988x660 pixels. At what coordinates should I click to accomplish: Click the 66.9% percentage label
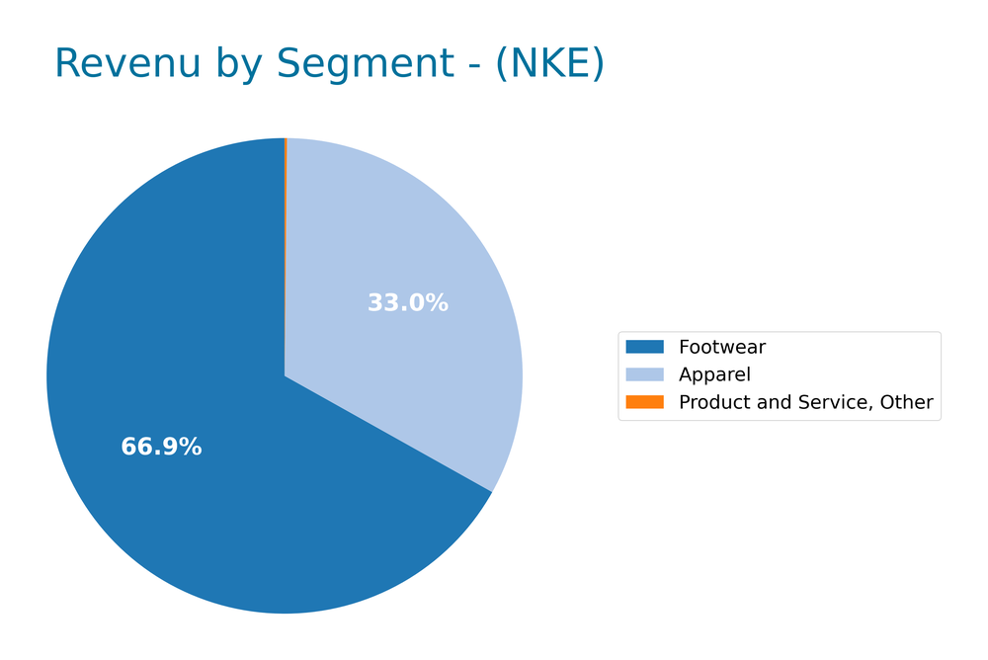click(x=161, y=448)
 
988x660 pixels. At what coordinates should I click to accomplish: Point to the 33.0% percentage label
click(x=408, y=303)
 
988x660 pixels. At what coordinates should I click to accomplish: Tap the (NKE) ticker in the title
click(x=549, y=64)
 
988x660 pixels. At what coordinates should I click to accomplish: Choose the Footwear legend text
click(x=721, y=347)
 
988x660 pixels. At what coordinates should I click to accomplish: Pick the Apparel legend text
click(x=714, y=374)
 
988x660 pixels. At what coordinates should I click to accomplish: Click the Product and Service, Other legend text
click(x=805, y=402)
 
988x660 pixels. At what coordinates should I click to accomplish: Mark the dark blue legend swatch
click(x=644, y=347)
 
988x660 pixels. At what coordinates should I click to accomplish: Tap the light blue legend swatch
click(x=644, y=374)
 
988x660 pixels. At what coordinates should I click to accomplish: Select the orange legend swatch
click(x=644, y=402)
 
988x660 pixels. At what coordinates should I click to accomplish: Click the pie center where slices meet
click(x=285, y=375)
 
